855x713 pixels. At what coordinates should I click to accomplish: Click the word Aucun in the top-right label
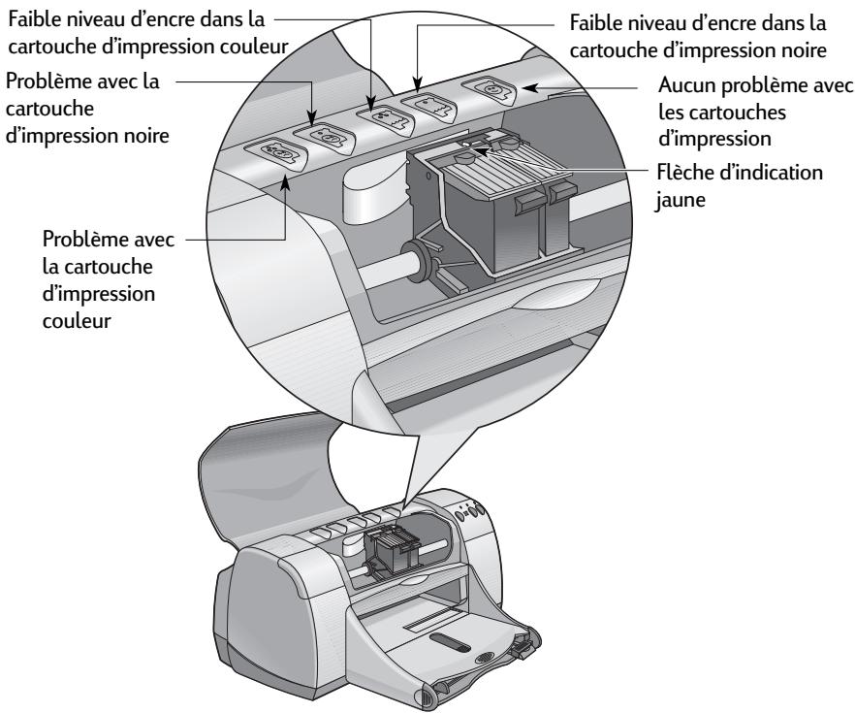click(x=683, y=87)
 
